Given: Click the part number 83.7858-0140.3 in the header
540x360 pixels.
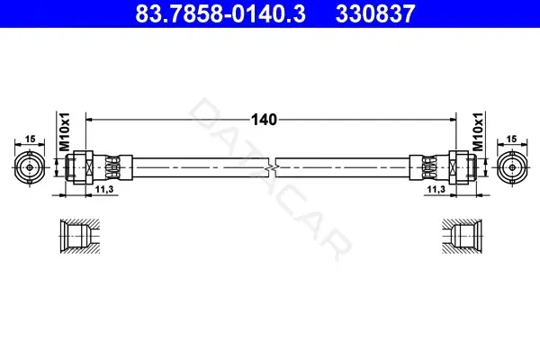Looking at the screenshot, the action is (x=220, y=13).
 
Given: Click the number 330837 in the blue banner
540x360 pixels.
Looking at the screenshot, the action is (x=375, y=13).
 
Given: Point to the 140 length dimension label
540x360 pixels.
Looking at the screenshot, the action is (x=264, y=120).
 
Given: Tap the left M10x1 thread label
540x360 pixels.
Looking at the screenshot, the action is (x=65, y=131).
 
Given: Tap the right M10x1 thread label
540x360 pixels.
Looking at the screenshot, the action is (x=478, y=131).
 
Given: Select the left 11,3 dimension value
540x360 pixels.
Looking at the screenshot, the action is (x=104, y=189).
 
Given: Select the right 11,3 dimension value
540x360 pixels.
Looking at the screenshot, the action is (x=436, y=189).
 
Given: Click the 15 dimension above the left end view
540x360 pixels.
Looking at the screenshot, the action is (x=30, y=139).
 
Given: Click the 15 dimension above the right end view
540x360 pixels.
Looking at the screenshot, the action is (x=512, y=139).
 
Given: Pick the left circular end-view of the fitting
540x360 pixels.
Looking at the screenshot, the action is (x=30, y=167).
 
